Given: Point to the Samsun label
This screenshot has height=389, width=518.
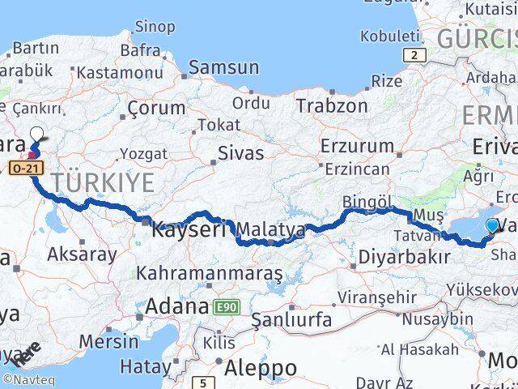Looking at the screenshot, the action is (223, 68).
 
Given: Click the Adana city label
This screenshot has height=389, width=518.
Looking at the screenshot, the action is (177, 306).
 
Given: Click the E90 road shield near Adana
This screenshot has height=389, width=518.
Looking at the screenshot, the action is (224, 307).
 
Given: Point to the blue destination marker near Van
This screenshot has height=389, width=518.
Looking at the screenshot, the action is (492, 227).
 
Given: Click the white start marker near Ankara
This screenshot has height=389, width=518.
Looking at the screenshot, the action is (37, 135).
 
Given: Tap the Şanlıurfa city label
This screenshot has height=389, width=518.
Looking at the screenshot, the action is (291, 320).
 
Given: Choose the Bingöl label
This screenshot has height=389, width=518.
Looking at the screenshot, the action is (367, 200).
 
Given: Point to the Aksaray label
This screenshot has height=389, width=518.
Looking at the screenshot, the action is (82, 253).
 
